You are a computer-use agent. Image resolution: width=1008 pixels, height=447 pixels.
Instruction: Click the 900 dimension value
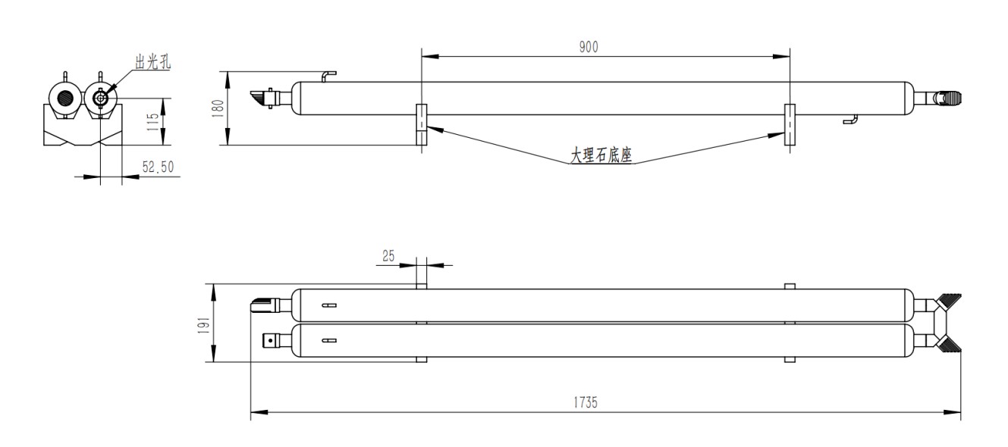(x=589, y=47)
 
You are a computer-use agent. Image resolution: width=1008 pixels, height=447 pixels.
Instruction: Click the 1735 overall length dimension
(x=585, y=402)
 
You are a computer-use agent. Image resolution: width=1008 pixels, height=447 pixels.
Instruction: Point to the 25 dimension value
(x=388, y=257)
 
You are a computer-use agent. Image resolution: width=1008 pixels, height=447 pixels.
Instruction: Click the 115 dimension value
(x=152, y=121)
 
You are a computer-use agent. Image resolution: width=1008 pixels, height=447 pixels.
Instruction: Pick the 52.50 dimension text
(x=158, y=167)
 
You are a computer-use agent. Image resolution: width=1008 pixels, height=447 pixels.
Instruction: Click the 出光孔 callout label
(x=152, y=64)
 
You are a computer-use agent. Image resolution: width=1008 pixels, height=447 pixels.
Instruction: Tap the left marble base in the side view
(x=422, y=125)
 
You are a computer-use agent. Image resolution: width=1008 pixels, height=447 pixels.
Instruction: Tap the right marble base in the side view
(x=790, y=126)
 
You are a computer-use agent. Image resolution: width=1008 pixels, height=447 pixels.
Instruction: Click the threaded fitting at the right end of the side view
(x=948, y=98)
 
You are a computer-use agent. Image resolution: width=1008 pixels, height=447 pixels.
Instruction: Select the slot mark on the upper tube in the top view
(x=328, y=306)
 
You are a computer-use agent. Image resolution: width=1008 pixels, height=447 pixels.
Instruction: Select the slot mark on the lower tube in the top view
(x=328, y=340)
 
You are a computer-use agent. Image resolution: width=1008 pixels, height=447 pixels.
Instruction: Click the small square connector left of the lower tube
(x=270, y=341)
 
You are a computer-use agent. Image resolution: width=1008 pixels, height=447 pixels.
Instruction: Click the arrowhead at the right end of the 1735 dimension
(x=956, y=412)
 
